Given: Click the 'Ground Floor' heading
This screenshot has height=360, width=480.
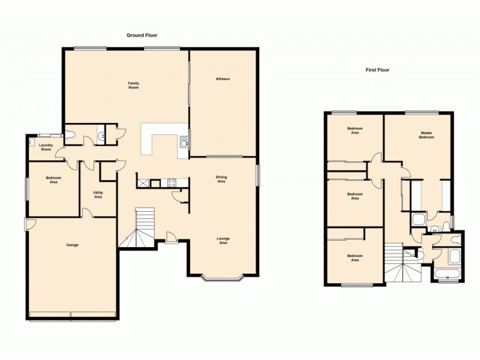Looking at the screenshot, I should tap(142, 35).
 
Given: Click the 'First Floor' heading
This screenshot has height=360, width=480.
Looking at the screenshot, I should tap(377, 70).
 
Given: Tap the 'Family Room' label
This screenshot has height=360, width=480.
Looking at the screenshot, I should tap(133, 85).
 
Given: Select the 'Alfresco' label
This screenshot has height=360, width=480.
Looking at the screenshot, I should tap(223, 79).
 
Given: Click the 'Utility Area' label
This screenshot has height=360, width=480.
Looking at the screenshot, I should tap(97, 194).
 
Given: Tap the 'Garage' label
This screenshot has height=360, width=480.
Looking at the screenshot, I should tap(72, 245).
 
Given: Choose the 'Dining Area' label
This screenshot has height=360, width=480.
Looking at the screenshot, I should tap(221, 179).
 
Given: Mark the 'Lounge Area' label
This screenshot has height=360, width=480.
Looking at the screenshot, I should tap(223, 241).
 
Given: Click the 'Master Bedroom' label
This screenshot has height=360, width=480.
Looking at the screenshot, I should tap(427, 135).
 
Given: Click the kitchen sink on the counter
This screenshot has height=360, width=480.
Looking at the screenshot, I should tap(184, 142).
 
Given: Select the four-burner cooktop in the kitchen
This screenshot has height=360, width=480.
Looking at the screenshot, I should tap(170, 182).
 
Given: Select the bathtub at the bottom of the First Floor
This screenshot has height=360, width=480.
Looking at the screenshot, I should tap(447, 275).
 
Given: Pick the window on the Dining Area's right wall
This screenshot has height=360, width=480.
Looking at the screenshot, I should tap(258, 175).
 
